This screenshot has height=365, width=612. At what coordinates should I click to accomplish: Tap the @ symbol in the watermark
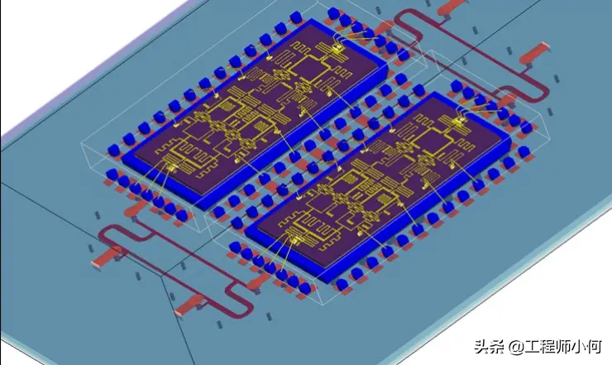click(516, 347)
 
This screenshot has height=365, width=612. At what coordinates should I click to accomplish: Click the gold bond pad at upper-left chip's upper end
click(337, 48)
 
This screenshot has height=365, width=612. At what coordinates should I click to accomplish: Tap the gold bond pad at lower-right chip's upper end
click(458, 122)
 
